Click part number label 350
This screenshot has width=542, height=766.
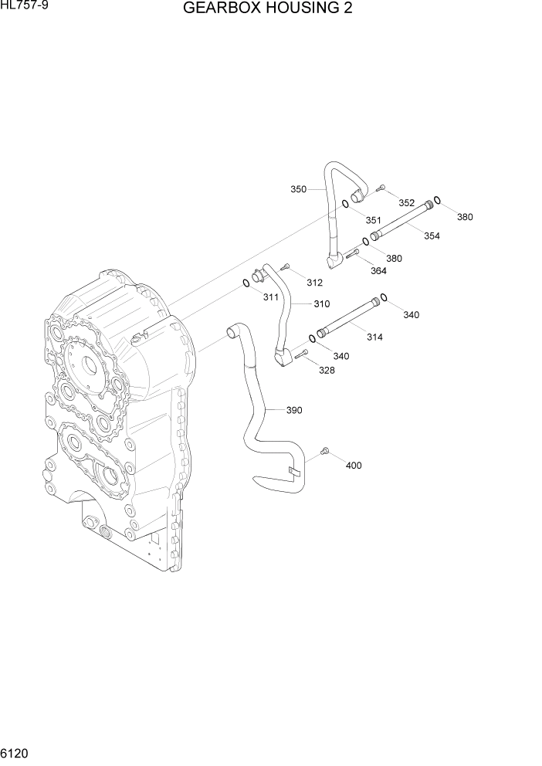click(x=298, y=189)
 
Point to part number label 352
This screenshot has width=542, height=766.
click(x=407, y=202)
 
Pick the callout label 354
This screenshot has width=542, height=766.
click(x=431, y=236)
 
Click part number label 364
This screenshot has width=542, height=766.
click(x=378, y=270)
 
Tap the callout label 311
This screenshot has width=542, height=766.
click(x=271, y=297)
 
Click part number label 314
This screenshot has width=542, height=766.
click(x=374, y=337)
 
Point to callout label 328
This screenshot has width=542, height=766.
click(x=327, y=371)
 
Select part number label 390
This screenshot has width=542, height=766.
click(x=294, y=410)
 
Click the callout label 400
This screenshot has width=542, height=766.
click(x=354, y=466)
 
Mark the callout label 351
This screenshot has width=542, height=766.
click(x=374, y=220)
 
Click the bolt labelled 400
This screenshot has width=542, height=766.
click(x=324, y=449)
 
